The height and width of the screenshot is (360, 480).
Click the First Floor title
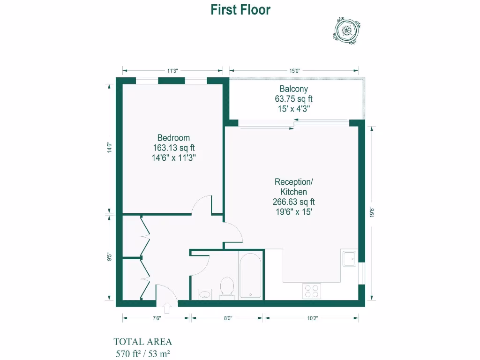point(240,10)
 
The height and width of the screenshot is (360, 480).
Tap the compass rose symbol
point(347,31)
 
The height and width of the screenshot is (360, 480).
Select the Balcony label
point(293,89)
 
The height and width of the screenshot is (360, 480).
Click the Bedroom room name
point(173,138)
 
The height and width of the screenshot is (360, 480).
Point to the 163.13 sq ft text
point(173,148)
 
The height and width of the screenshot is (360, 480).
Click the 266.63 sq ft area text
point(293,202)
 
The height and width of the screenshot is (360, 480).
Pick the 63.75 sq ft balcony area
point(293,99)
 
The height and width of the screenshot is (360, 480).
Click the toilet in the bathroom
point(227,287)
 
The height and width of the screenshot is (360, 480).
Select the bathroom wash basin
point(205,294)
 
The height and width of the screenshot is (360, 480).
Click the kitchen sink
point(349,258)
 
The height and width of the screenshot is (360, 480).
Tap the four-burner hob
point(312,291)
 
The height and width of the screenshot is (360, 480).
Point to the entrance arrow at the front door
point(167,308)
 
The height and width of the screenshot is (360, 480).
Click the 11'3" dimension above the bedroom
point(172,71)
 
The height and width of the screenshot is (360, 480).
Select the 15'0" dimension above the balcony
point(294,71)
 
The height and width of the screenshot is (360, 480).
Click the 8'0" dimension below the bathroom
point(227,318)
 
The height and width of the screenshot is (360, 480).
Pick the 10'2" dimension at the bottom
point(312,318)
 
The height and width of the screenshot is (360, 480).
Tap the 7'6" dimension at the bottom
point(156,318)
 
